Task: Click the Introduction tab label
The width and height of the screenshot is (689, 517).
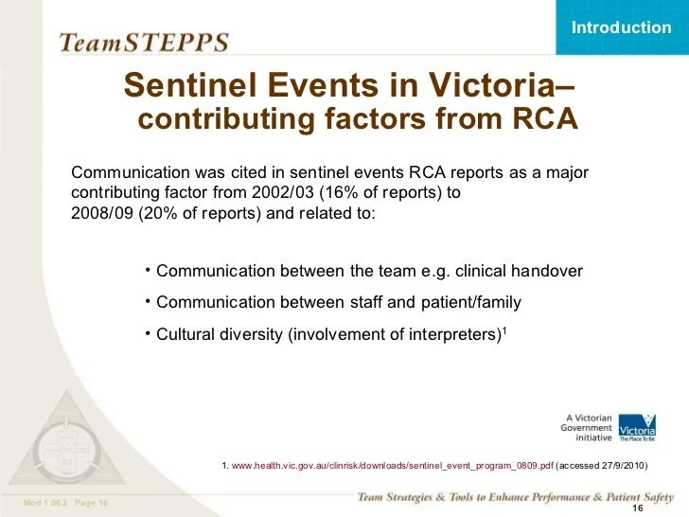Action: [x=621, y=27]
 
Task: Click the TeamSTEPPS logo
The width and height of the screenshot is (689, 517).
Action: [x=144, y=43]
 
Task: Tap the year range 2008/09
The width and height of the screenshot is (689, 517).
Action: [x=103, y=212]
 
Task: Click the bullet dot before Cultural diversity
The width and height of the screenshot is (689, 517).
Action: [x=149, y=331]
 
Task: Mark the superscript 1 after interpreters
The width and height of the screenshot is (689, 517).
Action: [x=504, y=330]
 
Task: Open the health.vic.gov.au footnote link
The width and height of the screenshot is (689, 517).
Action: [x=392, y=466]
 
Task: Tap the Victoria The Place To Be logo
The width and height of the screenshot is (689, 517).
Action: [x=637, y=428]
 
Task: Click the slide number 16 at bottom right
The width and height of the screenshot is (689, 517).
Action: [x=637, y=508]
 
